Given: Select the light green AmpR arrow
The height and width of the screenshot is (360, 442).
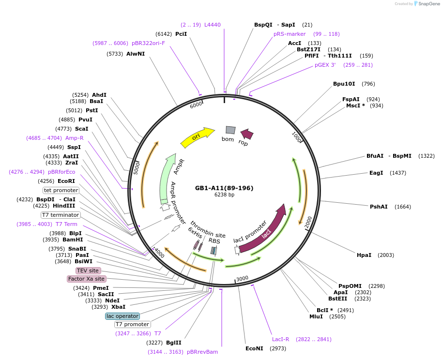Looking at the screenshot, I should [x=167, y=179].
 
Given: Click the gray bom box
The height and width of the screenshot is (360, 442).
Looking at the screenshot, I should [x=230, y=130].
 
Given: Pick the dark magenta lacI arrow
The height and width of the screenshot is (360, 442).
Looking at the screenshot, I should [x=264, y=228].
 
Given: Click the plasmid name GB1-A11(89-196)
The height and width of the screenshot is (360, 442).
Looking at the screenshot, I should [x=224, y=188].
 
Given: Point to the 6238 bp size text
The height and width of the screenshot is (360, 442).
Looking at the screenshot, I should [x=224, y=195].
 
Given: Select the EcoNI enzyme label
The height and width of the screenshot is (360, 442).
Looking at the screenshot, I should [x=254, y=348].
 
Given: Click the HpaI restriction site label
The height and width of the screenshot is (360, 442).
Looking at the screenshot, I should [x=364, y=255].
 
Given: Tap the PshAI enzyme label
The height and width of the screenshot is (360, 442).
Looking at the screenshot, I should [x=379, y=207].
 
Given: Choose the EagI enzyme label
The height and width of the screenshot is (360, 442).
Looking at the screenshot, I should [x=376, y=173].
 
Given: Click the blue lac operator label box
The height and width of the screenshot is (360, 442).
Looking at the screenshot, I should [x=122, y=316].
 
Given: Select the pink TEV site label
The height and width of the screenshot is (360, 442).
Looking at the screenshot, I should [x=88, y=270].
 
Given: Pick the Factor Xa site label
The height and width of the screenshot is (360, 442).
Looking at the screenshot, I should [x=86, y=279].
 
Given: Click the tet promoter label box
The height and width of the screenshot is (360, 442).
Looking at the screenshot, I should [x=61, y=190].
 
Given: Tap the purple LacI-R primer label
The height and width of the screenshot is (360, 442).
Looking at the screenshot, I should [x=280, y=339].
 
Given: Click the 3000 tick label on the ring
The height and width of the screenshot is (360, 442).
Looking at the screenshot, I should [x=242, y=279].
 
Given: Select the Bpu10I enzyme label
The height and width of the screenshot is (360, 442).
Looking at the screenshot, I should [x=344, y=84].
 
